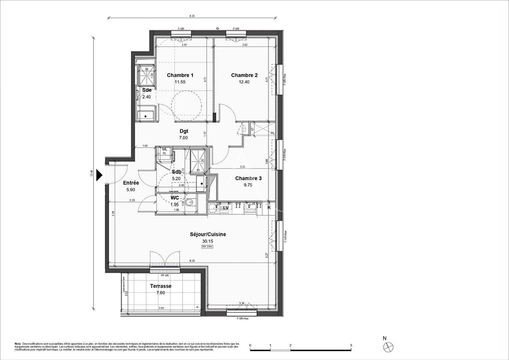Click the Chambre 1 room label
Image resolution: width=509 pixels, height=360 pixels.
click(x=180, y=75)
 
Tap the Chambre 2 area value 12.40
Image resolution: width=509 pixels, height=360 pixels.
click(x=244, y=82)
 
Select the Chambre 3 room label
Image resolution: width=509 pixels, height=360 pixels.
click(x=248, y=178)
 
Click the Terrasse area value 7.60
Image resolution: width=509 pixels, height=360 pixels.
click(x=161, y=293)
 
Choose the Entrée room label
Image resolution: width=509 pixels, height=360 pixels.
click(x=131, y=183)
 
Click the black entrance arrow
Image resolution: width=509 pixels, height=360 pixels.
click(x=99, y=175)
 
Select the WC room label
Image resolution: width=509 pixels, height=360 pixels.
click(x=175, y=198)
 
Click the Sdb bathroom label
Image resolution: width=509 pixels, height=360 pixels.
click(x=176, y=172)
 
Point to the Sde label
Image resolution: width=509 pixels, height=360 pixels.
click(x=147, y=90)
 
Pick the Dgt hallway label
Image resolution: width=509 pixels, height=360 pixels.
click(x=183, y=131)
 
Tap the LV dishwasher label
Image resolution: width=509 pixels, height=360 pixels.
click(x=226, y=208)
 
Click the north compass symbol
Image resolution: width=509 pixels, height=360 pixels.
click(x=388, y=347)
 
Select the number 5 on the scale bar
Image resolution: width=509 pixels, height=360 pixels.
click(x=351, y=345)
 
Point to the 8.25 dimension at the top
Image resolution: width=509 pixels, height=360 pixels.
click(x=192, y=16)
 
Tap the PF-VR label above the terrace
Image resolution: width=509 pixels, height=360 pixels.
click(x=165, y=275)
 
